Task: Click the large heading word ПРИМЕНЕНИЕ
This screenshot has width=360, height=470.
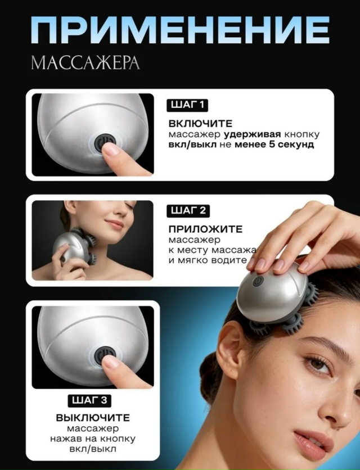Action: click(180, 30)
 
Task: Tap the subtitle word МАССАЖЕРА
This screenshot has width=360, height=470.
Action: click(85, 62)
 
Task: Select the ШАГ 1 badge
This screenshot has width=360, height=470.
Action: click(187, 105)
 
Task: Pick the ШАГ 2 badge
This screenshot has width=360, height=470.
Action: click(188, 211)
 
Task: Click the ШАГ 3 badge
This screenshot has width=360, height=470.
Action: click(89, 400)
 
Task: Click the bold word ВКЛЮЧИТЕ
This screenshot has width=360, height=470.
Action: click(201, 124)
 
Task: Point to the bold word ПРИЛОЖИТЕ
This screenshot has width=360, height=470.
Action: click(205, 229)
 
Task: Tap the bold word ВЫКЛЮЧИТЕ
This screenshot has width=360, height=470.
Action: click(93, 418)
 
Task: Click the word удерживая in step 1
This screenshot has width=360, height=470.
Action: click(253, 134)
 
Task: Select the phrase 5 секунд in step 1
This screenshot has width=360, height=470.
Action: click(292, 144)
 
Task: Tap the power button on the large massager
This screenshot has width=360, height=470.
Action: click(258, 281)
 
